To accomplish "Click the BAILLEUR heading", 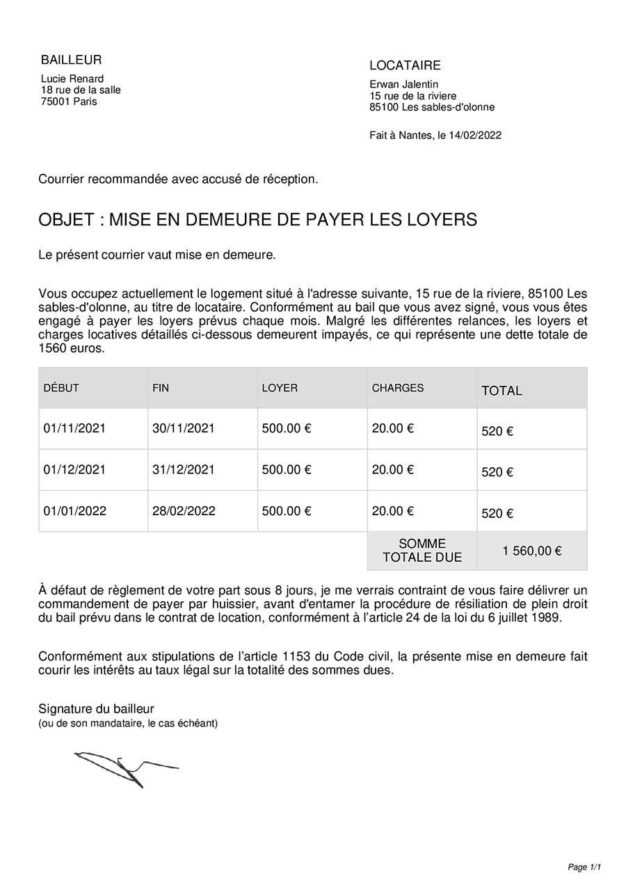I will tap(71, 60).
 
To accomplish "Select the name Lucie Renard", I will tap(72, 79).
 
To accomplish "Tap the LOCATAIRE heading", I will tap(405, 65).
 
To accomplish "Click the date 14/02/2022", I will tap(476, 136).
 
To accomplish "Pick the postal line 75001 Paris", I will tap(69, 102).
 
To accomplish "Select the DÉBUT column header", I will tap(61, 388).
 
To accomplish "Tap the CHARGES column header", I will tap(398, 388).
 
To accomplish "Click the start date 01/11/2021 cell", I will tap(74, 428).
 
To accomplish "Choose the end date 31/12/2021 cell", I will tap(184, 469).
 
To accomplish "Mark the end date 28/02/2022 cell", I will tap(184, 511).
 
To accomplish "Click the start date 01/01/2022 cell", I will tap(74, 511).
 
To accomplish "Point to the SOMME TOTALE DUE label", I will tap(422, 551).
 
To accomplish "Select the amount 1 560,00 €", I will tap(532, 551).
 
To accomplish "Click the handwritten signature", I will tap(125, 768).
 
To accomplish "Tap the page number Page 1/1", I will tap(584, 867).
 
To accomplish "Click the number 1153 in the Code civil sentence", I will tap(298, 656).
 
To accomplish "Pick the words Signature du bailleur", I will tap(96, 709).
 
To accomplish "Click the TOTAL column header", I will tap(501, 391).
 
